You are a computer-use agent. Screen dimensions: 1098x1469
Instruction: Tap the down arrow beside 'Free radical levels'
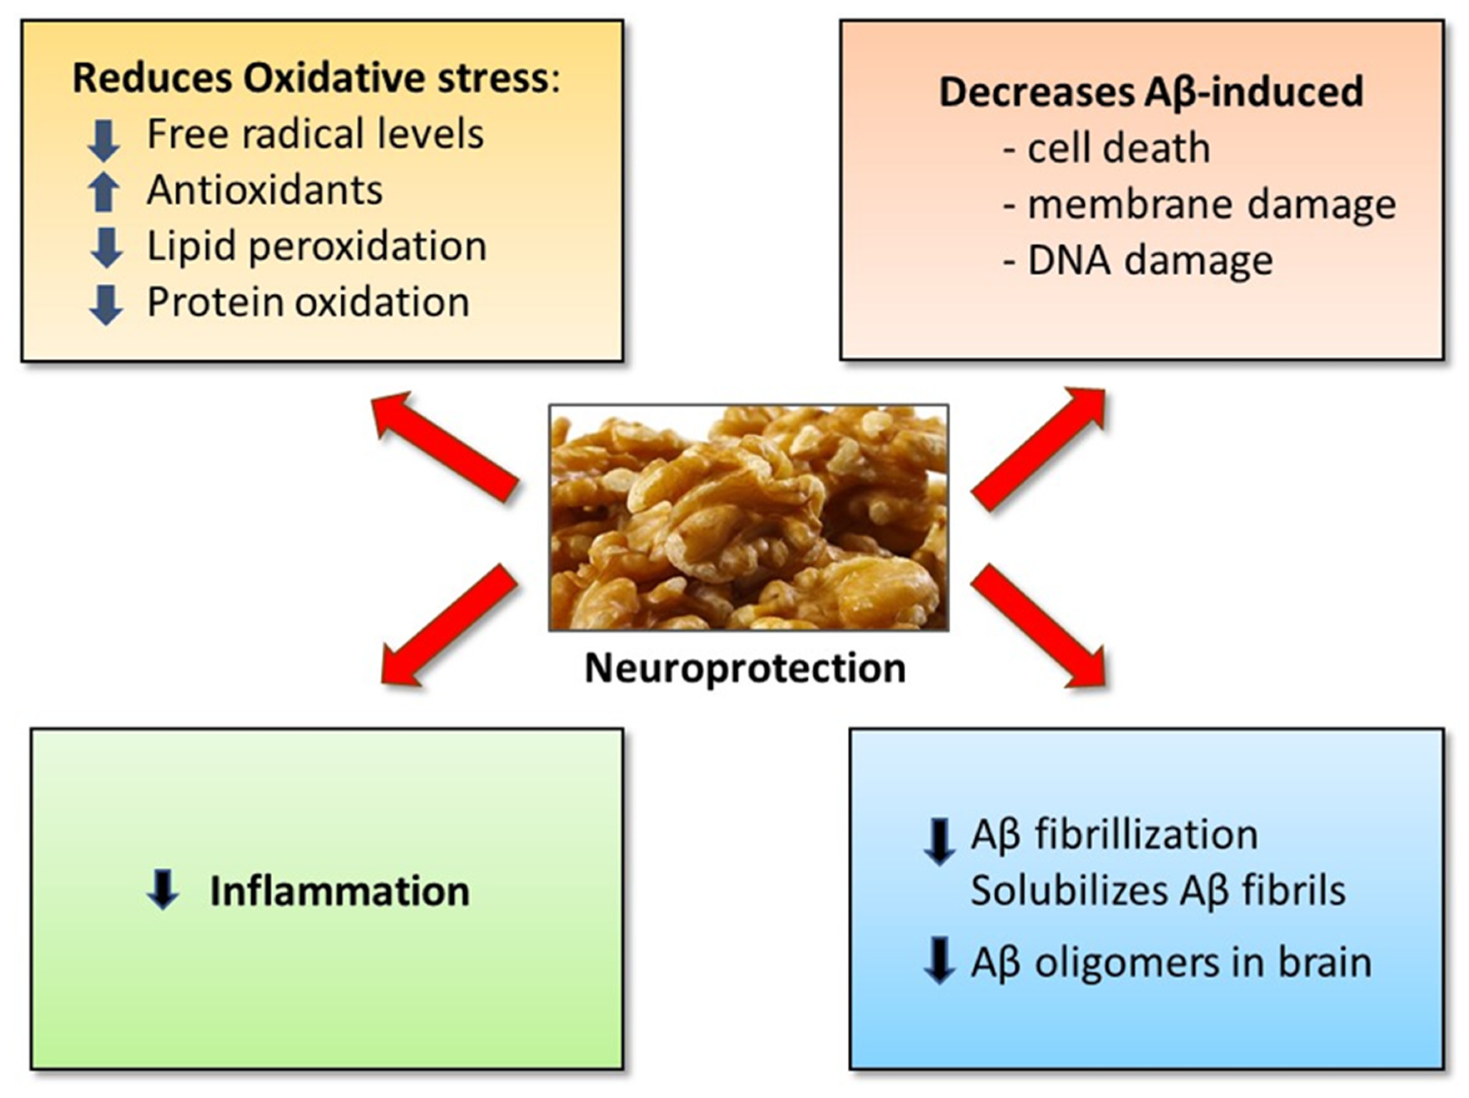104,139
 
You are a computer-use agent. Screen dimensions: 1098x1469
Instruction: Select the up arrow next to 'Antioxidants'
104,192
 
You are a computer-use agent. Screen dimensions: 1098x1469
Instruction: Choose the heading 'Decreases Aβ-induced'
1151,92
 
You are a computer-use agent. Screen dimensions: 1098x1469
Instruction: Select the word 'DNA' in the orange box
1069,260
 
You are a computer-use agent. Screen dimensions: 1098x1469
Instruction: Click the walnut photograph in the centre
748,517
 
